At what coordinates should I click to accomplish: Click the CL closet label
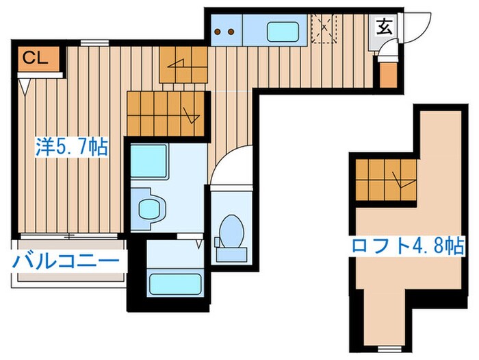[x=34, y=58]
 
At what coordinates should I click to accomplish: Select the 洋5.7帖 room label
[x=72, y=147]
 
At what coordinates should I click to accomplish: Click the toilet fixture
[x=231, y=233]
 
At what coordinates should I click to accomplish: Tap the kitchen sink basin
[x=283, y=32]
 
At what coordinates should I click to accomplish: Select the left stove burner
[x=219, y=31]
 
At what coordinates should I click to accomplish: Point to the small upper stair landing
[x=183, y=65]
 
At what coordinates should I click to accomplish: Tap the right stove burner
[x=232, y=31]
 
